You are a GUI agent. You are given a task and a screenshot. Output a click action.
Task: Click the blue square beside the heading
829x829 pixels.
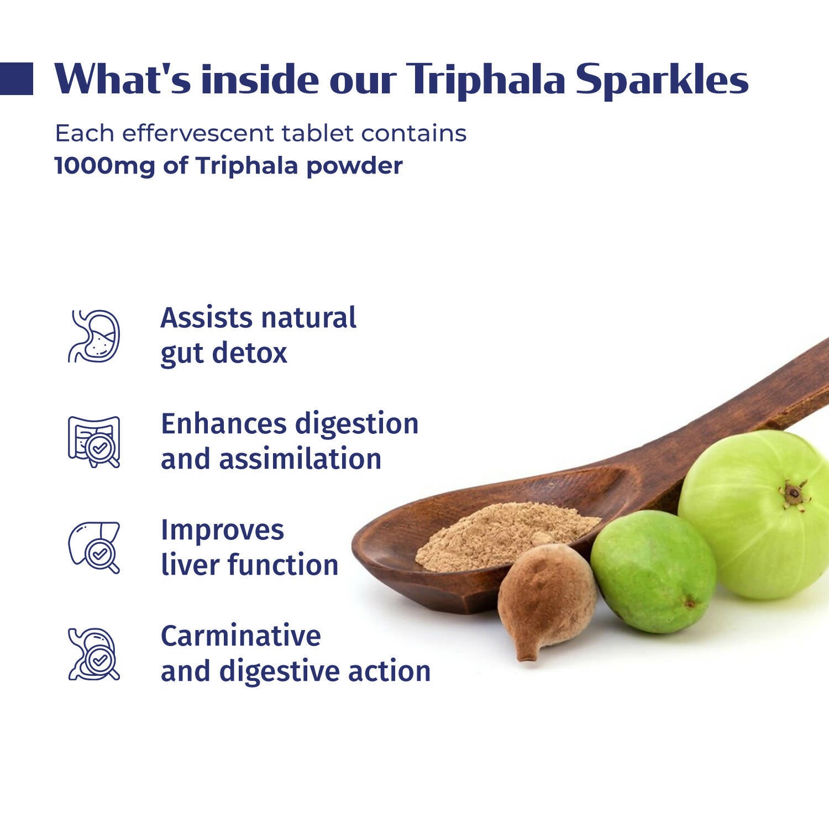click(x=16, y=78)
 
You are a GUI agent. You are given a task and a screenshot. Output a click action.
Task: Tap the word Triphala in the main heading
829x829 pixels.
click(x=486, y=80)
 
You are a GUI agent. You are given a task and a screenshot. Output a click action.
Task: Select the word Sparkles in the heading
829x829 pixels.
click(x=662, y=80)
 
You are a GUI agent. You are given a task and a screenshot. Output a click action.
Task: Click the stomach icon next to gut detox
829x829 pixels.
click(x=94, y=336)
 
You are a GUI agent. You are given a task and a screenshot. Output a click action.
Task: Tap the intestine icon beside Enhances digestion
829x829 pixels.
click(x=94, y=442)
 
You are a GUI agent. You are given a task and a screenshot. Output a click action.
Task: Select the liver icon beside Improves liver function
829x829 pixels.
click(x=94, y=547)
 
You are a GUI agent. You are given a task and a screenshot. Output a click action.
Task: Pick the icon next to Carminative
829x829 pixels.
click(x=94, y=654)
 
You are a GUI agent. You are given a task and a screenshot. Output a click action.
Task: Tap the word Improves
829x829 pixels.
click(x=222, y=529)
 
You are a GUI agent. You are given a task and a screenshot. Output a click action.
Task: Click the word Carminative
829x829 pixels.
click(x=240, y=636)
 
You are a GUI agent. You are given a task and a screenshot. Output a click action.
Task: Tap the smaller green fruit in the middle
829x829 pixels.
click(x=652, y=572)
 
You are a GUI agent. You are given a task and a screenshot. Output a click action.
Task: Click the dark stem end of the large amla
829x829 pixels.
click(x=794, y=491)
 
